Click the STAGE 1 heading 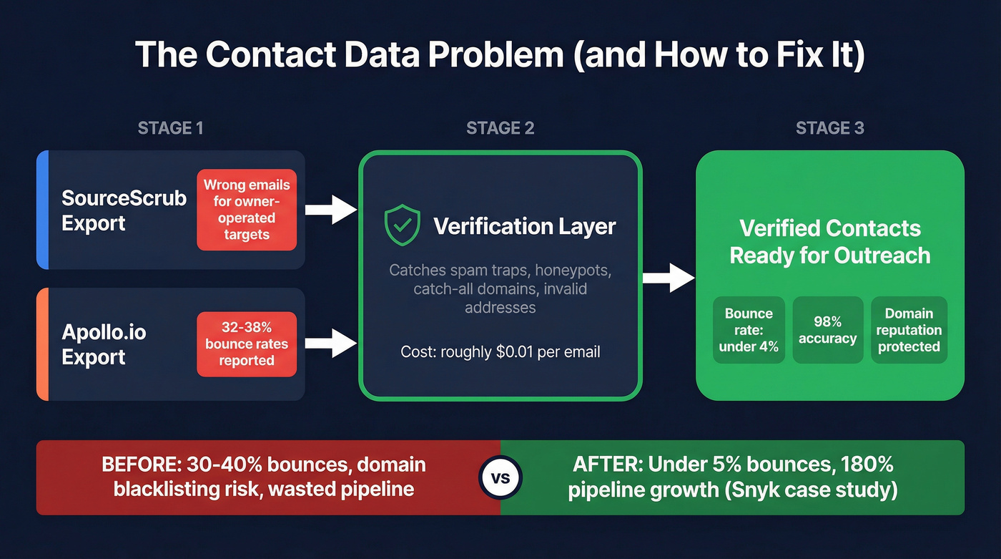[x=170, y=128]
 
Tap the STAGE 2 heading [x=500, y=128]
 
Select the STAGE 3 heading [x=829, y=128]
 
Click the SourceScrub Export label [x=123, y=210]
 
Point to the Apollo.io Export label [x=104, y=344]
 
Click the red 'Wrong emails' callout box [x=247, y=210]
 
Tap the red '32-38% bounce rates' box [x=247, y=344]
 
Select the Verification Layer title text [x=524, y=227]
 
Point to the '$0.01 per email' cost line [x=500, y=351]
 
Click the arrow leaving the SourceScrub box [x=330, y=210]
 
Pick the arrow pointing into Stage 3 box [x=668, y=277]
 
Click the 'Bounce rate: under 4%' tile [x=749, y=330]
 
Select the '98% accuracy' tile [x=827, y=330]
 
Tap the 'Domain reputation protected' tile [x=909, y=330]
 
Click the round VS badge [x=500, y=477]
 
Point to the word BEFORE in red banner [x=140, y=465]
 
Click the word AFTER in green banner [x=608, y=465]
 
